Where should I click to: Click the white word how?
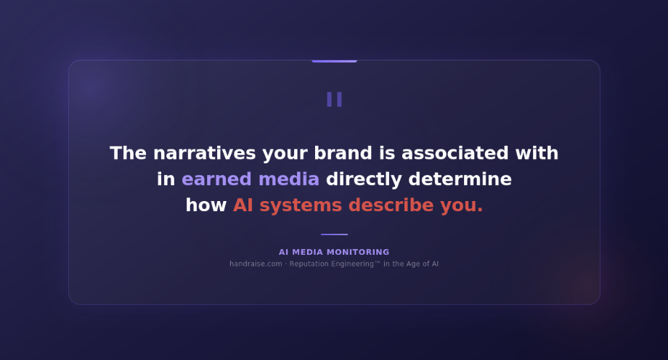click(206, 205)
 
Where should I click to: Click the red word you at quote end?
click(461, 205)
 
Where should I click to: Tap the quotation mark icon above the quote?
click(334, 99)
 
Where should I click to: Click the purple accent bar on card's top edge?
click(334, 61)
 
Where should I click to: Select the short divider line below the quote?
click(334, 234)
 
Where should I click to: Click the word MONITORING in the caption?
click(357, 253)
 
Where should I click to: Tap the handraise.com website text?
click(256, 264)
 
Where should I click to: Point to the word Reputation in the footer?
click(311, 264)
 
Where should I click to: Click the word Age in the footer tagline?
click(412, 264)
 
